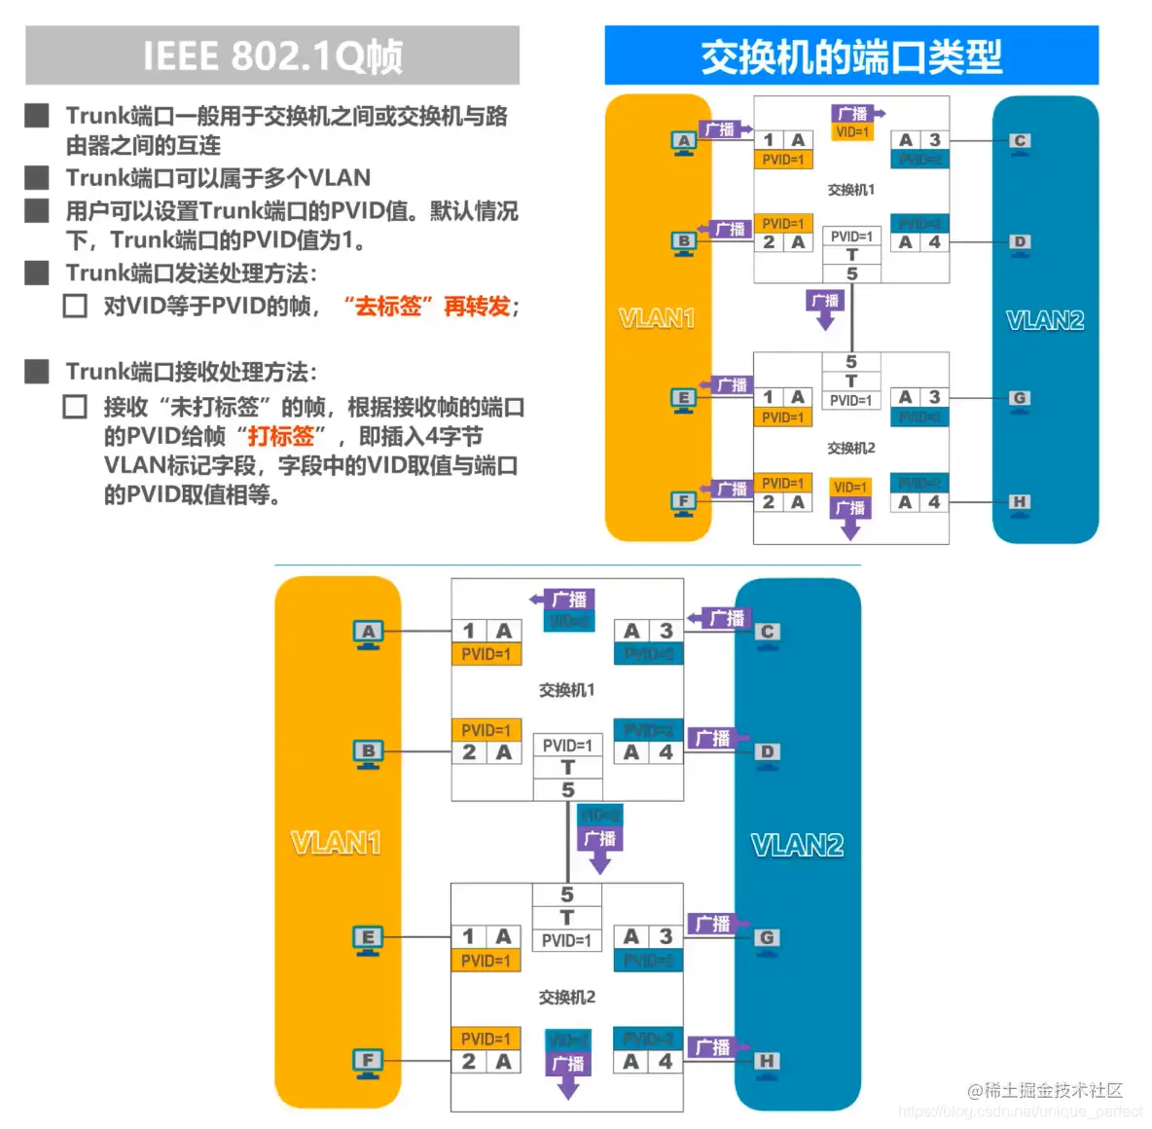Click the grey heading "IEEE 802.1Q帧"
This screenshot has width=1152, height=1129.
coord(272,55)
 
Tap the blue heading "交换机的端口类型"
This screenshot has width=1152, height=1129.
coord(851,56)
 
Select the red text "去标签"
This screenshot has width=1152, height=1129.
coord(387,306)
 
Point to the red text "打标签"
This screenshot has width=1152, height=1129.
coord(281,436)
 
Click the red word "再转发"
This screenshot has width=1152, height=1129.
coord(477,306)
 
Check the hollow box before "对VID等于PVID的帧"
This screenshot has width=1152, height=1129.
coord(75,306)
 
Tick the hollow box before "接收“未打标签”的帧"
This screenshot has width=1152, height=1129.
coord(75,406)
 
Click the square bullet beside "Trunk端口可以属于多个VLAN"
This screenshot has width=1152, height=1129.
coord(37,177)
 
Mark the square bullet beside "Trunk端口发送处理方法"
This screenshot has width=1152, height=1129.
coord(37,273)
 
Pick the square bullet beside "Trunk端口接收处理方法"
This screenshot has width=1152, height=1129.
coord(37,371)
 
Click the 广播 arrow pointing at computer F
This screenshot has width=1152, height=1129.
coord(729,489)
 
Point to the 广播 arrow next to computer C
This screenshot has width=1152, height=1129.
coord(720,618)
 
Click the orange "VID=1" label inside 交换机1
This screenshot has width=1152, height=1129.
coord(852,132)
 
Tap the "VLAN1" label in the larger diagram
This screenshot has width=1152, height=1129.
coord(336,843)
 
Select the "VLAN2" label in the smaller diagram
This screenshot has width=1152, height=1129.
coord(1045,320)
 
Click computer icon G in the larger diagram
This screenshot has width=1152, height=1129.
coord(767,939)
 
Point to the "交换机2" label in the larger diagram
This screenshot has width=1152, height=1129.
coord(566,997)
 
